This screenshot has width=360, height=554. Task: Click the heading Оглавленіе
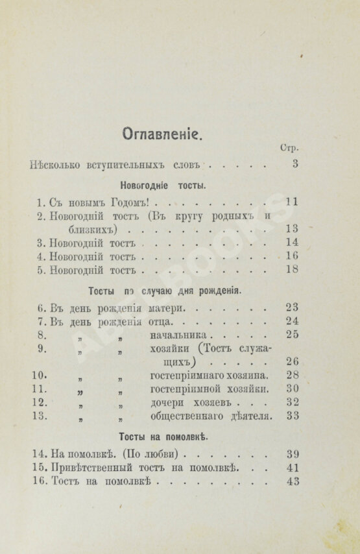(x=162, y=134)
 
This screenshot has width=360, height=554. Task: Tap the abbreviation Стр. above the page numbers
(x=289, y=148)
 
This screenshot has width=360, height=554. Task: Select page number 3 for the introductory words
(x=295, y=163)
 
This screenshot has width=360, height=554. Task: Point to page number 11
(x=291, y=202)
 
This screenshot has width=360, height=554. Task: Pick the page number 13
(x=291, y=228)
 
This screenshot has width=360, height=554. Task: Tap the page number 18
(x=291, y=269)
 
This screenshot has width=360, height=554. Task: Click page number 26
(x=291, y=361)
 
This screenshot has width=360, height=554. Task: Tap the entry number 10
(x=38, y=375)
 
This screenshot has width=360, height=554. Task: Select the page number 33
(x=291, y=416)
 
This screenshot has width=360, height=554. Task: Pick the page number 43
(x=291, y=481)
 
